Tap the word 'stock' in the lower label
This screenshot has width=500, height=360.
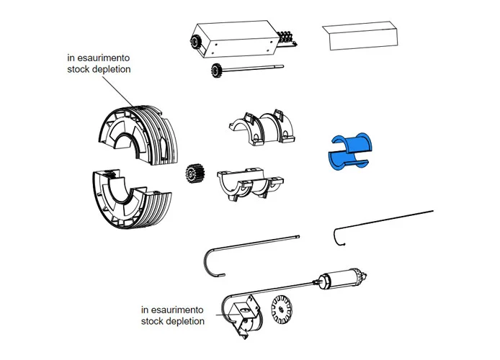click(x=153, y=321)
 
